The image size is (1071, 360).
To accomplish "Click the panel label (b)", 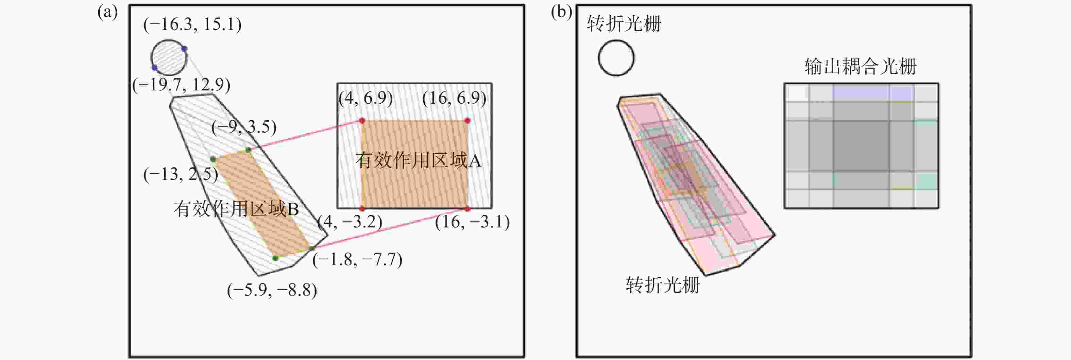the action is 561,13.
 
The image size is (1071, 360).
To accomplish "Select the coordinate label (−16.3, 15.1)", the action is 192,24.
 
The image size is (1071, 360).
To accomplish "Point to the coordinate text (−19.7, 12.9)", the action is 181,85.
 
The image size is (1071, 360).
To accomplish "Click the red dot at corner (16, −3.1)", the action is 467,209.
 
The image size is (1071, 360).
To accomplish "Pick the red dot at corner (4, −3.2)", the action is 362,209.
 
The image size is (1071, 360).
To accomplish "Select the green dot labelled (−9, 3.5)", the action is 248,150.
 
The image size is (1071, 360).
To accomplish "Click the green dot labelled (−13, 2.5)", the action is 213,159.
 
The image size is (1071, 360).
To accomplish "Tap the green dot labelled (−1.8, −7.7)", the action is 313,248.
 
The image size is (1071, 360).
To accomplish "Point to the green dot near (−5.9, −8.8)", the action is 275,258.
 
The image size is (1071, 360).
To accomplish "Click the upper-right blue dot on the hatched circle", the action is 184,49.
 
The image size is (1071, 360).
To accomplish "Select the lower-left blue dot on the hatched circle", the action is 154,67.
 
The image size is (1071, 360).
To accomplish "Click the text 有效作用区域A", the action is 418,160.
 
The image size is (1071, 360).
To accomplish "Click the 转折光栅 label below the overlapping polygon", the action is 663,285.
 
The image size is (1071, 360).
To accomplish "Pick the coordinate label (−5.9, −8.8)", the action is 272,290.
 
